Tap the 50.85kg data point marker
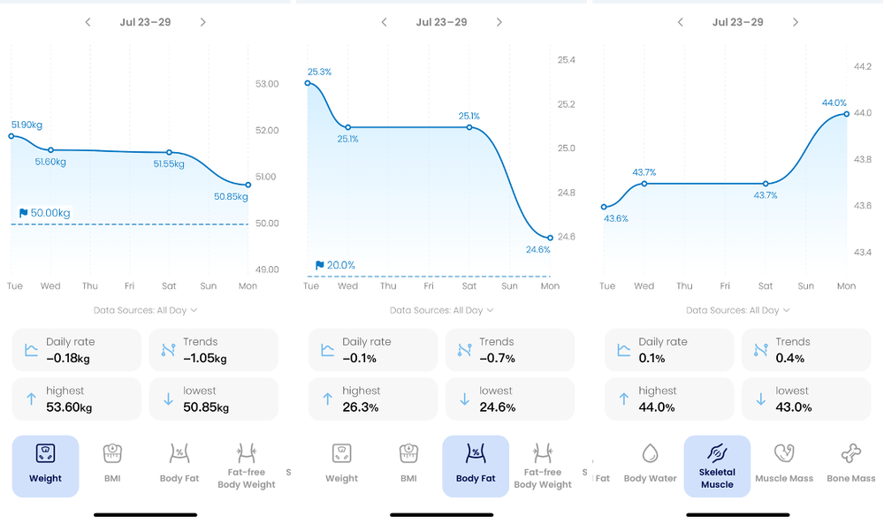coord(248,185)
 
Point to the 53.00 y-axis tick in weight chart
coord(266,84)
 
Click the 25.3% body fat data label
coord(319,72)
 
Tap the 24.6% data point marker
coord(550,238)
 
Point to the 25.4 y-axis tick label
coord(566,60)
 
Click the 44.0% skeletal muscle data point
coord(846,114)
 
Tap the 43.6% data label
coord(616,218)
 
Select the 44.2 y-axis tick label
coord(862,66)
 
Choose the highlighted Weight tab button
coord(45,466)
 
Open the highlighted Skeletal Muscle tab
coord(717,466)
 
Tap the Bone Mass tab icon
coord(851,454)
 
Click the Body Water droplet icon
coord(650,454)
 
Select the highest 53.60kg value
coord(69,407)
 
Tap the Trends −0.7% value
coord(499,359)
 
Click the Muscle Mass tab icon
coord(783,454)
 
